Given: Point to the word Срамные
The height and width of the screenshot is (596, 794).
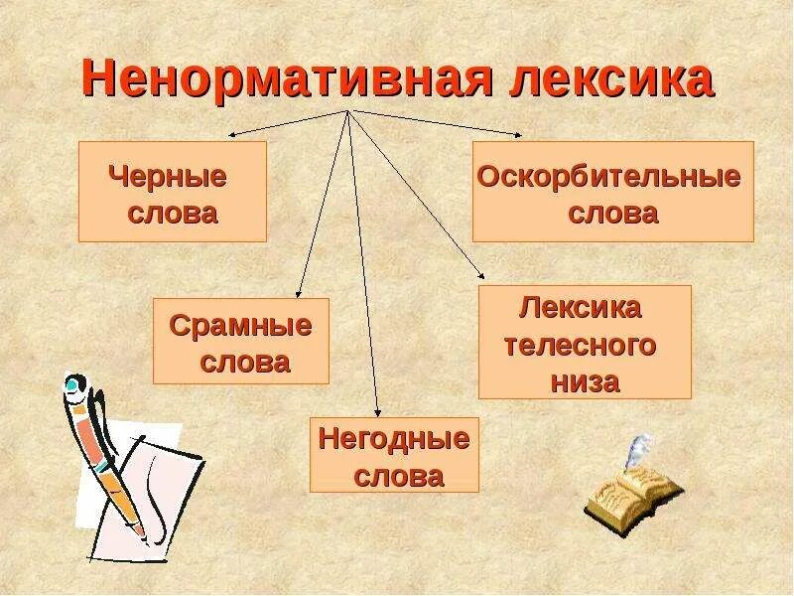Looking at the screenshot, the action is pos(241,326).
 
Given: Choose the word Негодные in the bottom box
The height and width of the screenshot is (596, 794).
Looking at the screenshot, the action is pos(394,439).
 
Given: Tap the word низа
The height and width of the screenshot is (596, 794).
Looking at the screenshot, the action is pos(586,381).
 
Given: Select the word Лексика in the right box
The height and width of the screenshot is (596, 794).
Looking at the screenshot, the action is pos(581,307).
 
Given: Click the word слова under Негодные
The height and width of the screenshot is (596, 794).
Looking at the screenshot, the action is pos(398,476).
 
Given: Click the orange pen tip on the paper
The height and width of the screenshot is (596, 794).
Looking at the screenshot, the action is pos(140,531).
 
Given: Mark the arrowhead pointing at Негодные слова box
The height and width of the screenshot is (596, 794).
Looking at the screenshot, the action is pos(377,411).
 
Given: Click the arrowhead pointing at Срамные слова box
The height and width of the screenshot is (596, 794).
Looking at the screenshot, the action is pos(301,291).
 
